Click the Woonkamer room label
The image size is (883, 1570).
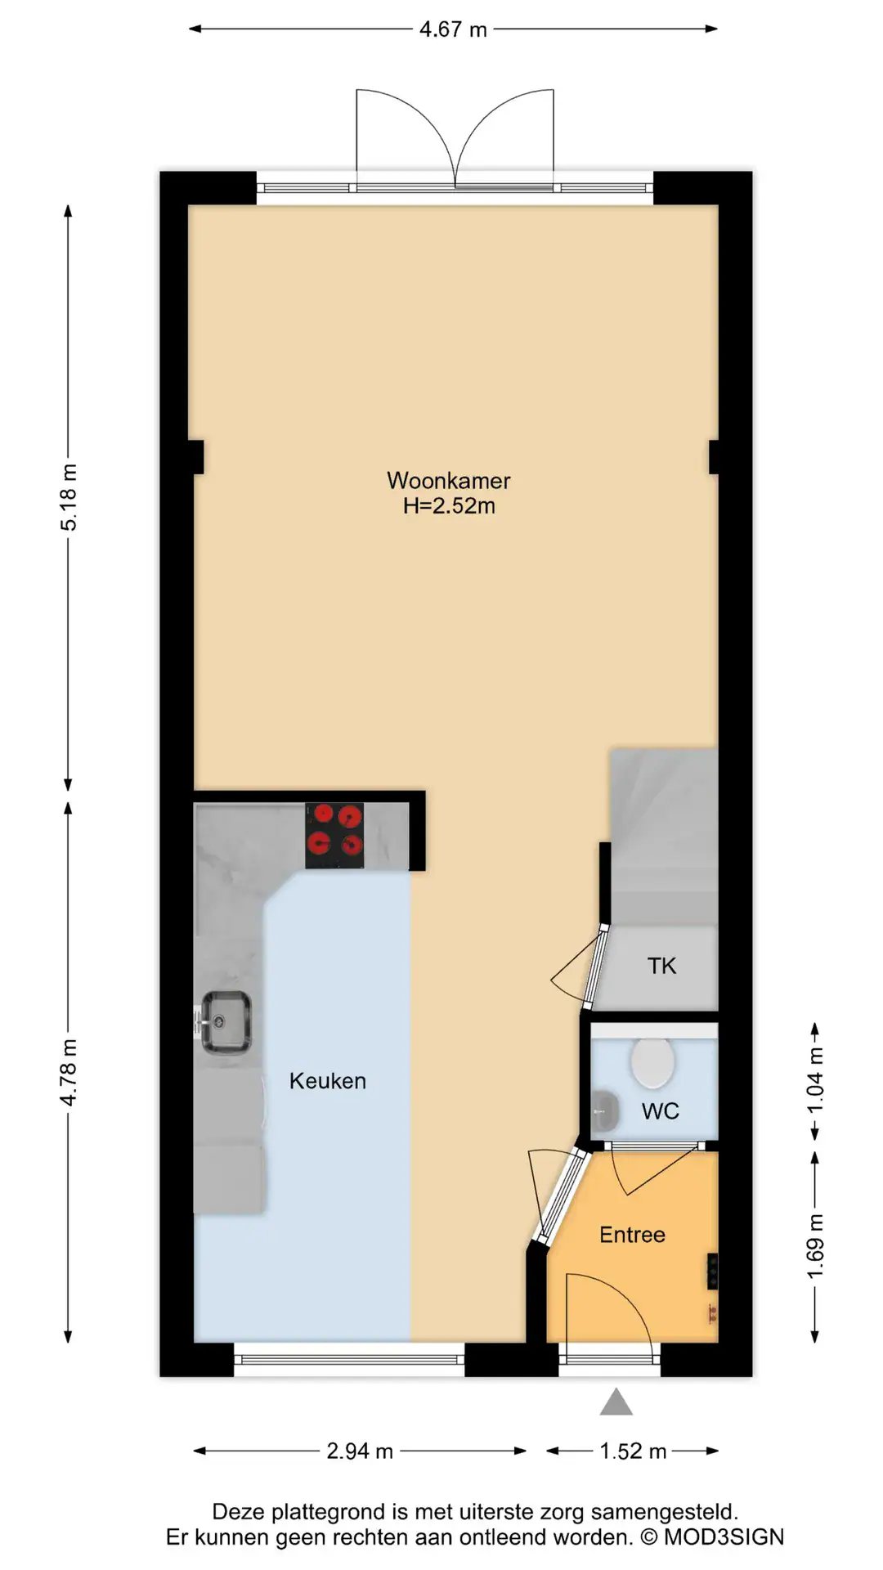449,480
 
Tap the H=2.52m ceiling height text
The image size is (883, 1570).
449,505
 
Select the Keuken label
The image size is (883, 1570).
327,1081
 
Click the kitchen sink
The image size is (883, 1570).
226,1022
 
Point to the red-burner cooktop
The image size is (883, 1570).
334,836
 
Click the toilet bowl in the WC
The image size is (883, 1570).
652,1062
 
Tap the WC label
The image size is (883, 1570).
660,1111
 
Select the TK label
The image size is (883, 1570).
661,966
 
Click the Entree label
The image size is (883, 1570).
632,1235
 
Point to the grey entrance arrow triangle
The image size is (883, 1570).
616,1403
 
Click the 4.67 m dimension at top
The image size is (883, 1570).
453,29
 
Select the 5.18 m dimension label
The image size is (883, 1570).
69,497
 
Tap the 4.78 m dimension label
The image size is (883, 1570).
69,1073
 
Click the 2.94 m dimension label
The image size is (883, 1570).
360,1451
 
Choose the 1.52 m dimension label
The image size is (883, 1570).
633,1451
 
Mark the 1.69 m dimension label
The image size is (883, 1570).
815,1247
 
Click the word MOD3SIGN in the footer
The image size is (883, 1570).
724,1537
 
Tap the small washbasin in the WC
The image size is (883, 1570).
604,1110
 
